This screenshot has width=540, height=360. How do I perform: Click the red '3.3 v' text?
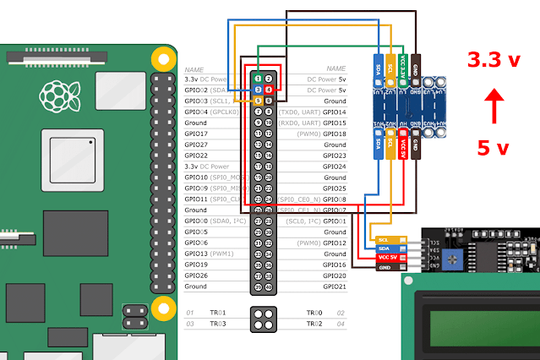point(496,60)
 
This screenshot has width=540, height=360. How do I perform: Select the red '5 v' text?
point(493,148)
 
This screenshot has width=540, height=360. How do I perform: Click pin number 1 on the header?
point(257,78)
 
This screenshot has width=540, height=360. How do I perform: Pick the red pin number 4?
point(268,89)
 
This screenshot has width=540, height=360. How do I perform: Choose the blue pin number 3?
point(257,89)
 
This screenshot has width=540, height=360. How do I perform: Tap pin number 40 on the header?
point(268,286)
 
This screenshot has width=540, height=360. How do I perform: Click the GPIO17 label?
point(196,134)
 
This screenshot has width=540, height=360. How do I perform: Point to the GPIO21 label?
point(335,286)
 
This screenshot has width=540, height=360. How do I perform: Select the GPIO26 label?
point(196,275)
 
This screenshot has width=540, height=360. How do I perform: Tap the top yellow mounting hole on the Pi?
point(161,57)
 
